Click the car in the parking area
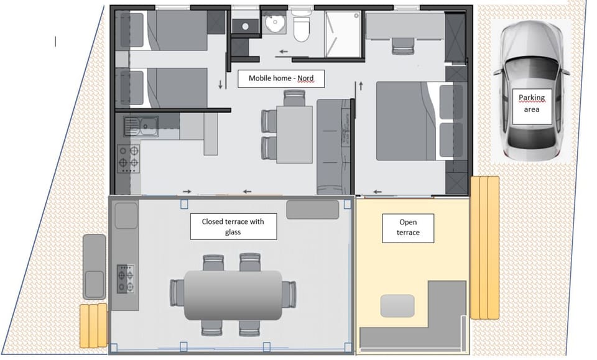(531, 90)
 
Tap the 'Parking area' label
(531, 103)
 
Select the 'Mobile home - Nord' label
(281, 78)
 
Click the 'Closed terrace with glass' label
(233, 227)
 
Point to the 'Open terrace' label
(408, 228)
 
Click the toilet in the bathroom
(302, 29)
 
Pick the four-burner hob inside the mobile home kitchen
(128, 159)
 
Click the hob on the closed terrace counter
(126, 279)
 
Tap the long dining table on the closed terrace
(233, 295)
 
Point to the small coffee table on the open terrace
(397, 305)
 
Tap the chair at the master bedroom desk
(402, 45)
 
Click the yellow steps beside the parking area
(484, 247)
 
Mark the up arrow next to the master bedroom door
(360, 85)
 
